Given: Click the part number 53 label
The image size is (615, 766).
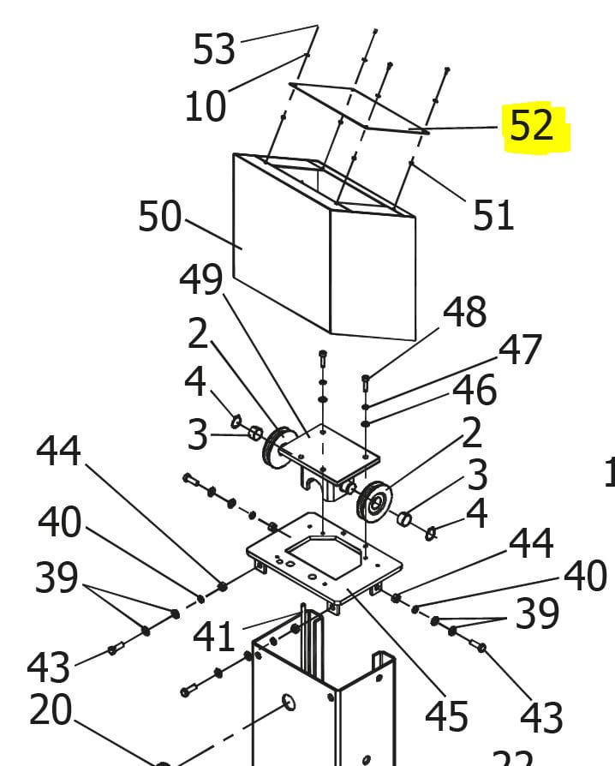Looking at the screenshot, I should pyautogui.click(x=213, y=49).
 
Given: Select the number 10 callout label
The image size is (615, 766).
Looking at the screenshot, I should pyautogui.click(x=205, y=106).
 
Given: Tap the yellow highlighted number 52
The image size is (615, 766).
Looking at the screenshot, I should pyautogui.click(x=531, y=126).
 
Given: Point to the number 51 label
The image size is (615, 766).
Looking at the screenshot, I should pyautogui.click(x=493, y=214).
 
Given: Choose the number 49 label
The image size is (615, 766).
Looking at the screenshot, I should pyautogui.click(x=201, y=278).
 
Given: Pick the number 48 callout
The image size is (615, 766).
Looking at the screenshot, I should pyautogui.click(x=465, y=313).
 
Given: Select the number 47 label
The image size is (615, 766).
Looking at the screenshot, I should pyautogui.click(x=521, y=350).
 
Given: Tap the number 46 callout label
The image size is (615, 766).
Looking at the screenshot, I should pyautogui.click(x=475, y=390).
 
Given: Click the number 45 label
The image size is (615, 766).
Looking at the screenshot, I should pyautogui.click(x=446, y=715).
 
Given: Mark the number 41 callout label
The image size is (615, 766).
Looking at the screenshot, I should pyautogui.click(x=213, y=637).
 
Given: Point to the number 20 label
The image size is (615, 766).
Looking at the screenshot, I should pyautogui.click(x=51, y=710).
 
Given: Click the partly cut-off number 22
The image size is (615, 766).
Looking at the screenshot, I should pyautogui.click(x=512, y=757).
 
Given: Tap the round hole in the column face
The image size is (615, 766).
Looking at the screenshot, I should pyautogui.click(x=289, y=703).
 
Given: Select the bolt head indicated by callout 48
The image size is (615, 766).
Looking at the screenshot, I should pyautogui.click(x=366, y=378).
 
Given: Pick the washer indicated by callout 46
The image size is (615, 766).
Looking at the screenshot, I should pyautogui.click(x=366, y=422).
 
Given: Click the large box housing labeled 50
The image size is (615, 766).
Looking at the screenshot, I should pyautogui.click(x=283, y=248).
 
